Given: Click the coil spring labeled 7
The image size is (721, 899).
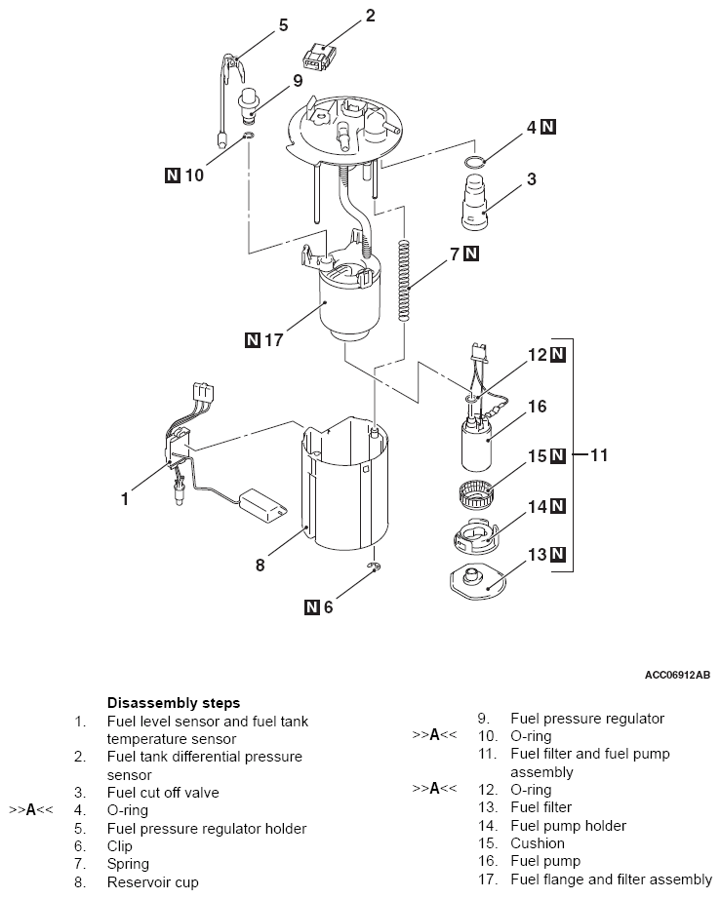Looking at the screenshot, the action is click(405, 280).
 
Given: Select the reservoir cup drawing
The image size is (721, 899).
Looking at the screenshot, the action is click(344, 483).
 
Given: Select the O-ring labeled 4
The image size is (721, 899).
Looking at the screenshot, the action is click(475, 162).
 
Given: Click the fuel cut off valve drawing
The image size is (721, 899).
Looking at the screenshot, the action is click(474, 203).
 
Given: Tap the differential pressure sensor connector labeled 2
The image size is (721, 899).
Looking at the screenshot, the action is click(320, 56).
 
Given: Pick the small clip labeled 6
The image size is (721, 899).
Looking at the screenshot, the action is click(375, 567).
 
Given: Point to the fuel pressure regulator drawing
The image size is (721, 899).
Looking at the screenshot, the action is click(249, 105).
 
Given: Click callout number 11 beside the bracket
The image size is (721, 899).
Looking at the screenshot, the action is click(598, 455).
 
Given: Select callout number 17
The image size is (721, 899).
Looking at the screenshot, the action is click(273, 340).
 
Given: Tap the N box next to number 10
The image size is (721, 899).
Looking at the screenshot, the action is click(173, 175).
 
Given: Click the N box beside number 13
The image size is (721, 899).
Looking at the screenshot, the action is click(557, 555).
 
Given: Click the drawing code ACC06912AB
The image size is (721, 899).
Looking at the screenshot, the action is click(677, 675).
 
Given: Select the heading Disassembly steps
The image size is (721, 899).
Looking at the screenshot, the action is click(174, 703).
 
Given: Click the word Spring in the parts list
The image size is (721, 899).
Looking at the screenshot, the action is click(128, 864).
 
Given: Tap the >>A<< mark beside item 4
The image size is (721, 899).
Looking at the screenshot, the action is click(31, 810).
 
